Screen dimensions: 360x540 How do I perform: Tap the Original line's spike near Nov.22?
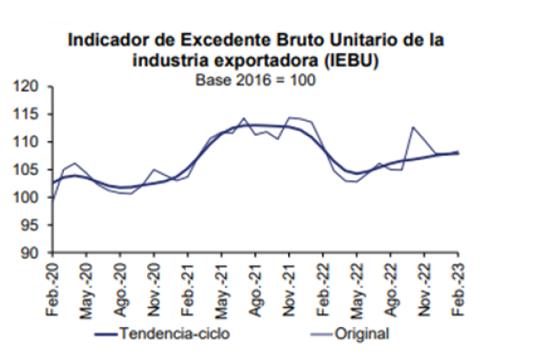click(414, 127)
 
